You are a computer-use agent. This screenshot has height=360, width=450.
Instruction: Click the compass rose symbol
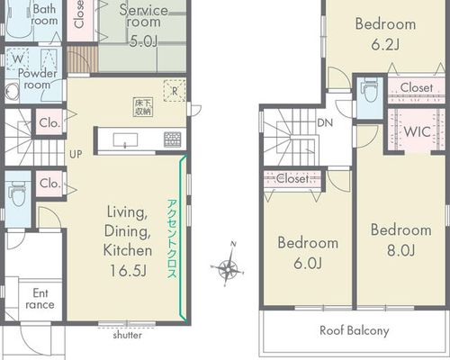[228, 265]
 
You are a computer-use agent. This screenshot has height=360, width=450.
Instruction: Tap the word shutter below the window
[128, 335]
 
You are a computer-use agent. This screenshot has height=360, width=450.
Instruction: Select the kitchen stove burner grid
[173, 139]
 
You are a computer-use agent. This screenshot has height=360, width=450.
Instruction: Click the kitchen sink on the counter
[125, 140]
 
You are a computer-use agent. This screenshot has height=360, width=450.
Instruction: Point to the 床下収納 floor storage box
[143, 107]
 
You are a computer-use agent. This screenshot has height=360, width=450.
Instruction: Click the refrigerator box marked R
[175, 91]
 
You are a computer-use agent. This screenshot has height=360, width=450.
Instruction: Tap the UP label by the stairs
[76, 154]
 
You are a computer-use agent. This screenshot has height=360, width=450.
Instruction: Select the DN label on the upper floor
[325, 122]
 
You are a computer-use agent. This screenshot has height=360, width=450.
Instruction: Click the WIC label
[417, 131]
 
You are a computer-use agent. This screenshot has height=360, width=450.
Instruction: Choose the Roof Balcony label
[355, 330]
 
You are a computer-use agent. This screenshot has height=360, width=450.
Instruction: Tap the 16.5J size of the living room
[128, 271]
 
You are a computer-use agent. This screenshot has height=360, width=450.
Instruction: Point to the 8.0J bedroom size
[401, 250]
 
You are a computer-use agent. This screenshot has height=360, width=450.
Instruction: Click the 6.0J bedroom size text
[308, 264]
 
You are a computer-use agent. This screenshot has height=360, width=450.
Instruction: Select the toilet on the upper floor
[370, 90]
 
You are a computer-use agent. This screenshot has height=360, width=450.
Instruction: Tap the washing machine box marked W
[18, 58]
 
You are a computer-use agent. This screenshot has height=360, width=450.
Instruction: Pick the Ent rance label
[40, 299]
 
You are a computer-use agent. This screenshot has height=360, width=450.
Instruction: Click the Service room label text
[143, 16]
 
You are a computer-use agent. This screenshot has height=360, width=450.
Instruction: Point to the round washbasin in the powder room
[11, 92]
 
